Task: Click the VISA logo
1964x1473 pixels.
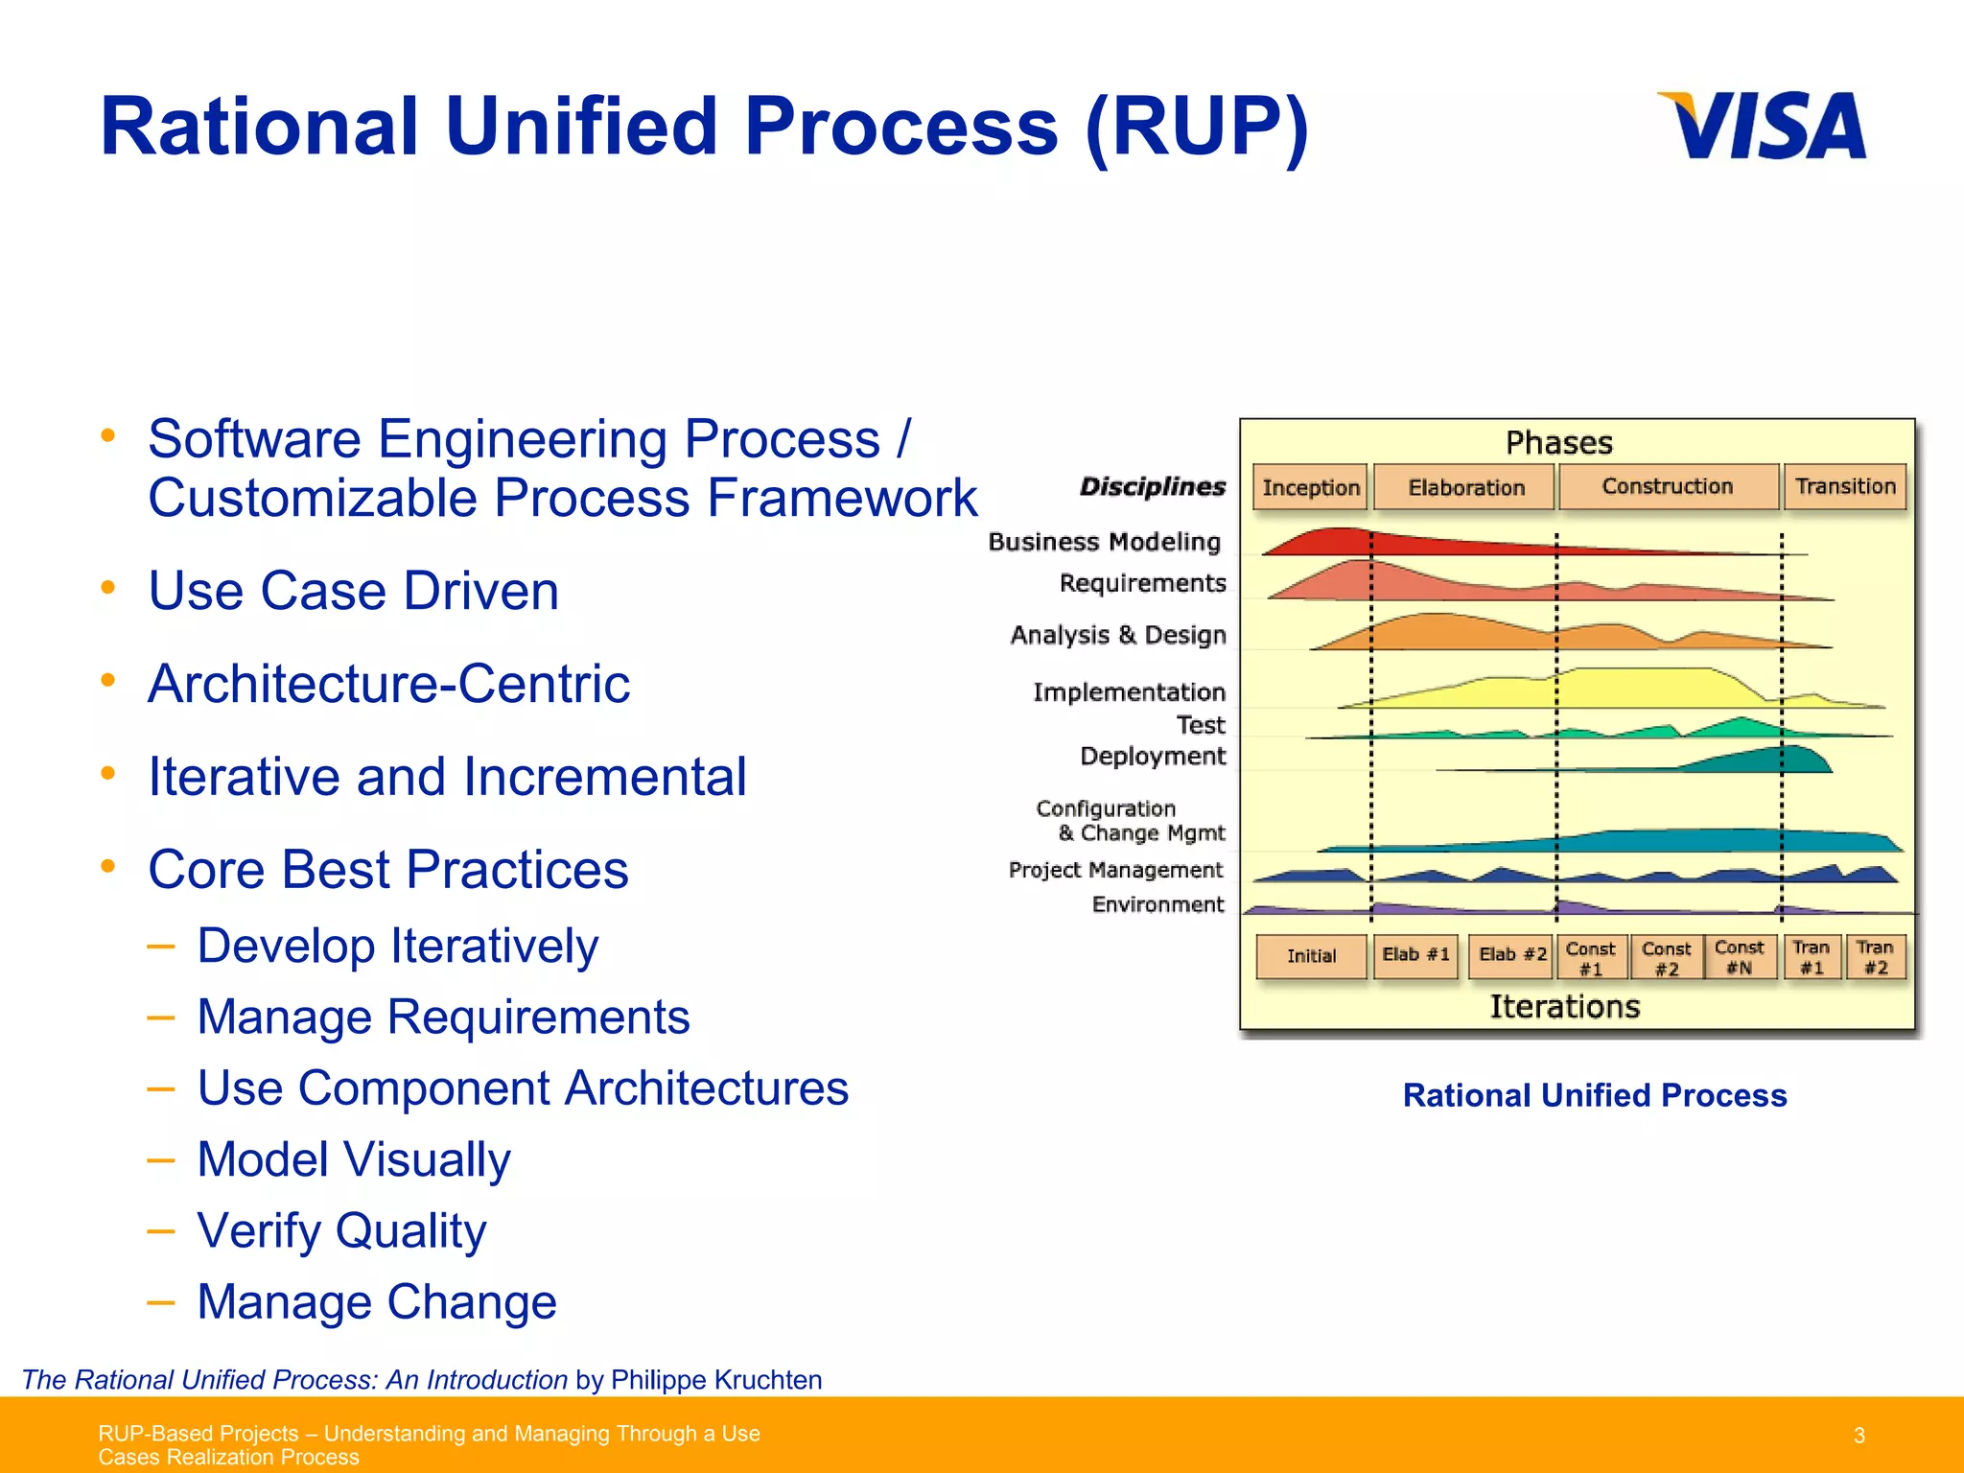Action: point(1763,126)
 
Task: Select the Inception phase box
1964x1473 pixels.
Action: point(1310,487)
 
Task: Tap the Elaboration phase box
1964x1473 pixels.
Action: point(1465,487)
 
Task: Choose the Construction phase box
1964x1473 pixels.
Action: point(1668,486)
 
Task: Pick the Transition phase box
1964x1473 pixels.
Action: point(1845,486)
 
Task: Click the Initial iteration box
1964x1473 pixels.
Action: point(1311,956)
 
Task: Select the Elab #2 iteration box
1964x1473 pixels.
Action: point(1511,955)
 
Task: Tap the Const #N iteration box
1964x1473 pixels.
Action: point(1739,957)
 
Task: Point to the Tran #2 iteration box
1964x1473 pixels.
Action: point(1875,957)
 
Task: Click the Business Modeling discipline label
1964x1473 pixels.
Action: point(1104,542)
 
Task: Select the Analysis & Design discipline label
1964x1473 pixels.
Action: point(1118,635)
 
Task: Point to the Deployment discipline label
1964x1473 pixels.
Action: point(1153,756)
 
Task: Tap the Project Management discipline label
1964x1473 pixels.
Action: point(1115,870)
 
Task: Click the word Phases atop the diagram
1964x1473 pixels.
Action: point(1559,443)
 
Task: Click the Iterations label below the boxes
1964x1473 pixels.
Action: point(1564,1007)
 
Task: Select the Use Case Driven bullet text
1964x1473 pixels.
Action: point(353,590)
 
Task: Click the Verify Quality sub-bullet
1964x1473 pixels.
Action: point(341,1230)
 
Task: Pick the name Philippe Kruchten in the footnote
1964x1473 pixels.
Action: point(715,1379)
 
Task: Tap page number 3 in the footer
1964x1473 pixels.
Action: point(1859,1436)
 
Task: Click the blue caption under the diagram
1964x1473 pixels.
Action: point(1594,1095)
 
